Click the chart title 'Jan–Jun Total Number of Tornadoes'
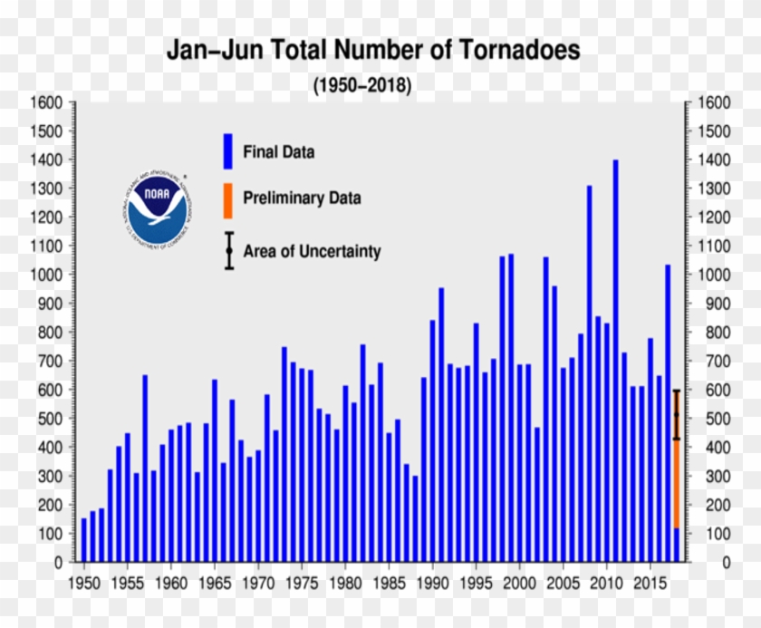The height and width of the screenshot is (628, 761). (372, 50)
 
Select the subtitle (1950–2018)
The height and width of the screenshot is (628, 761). (362, 86)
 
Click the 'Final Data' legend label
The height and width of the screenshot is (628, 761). (278, 152)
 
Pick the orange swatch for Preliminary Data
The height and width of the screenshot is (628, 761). (227, 199)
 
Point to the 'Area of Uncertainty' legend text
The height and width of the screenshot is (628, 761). (312, 252)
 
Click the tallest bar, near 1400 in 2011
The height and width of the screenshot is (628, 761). (615, 362)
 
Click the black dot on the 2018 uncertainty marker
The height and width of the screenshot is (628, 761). (676, 415)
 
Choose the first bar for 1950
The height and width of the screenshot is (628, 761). (84, 540)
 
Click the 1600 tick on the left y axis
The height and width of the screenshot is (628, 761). (47, 102)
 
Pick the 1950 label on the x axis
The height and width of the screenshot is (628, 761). (84, 581)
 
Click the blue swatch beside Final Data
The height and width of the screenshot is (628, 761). (227, 150)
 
